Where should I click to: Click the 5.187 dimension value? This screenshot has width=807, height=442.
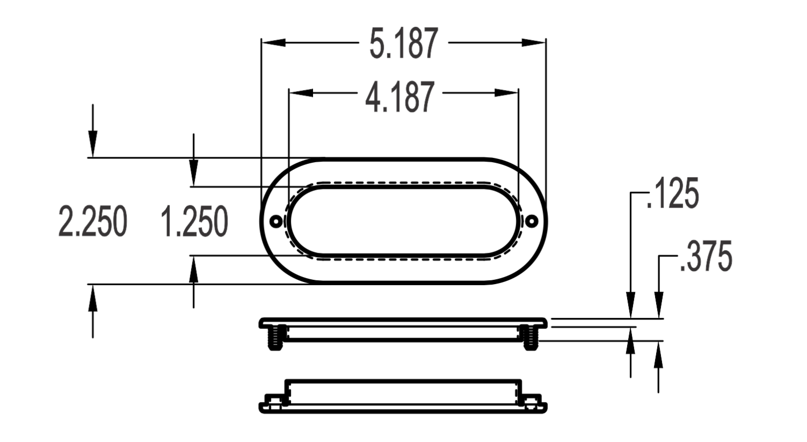tap(404, 43)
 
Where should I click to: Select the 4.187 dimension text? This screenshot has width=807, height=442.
tap(400, 97)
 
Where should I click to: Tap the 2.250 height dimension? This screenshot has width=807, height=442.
tap(93, 221)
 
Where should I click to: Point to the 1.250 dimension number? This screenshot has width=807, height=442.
tap(194, 221)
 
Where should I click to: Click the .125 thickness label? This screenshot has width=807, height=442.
tap(673, 193)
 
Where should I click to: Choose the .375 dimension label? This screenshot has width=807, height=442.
tap(706, 257)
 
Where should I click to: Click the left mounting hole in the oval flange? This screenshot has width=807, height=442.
tap(276, 221)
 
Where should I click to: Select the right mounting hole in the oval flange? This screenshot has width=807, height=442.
tap(531, 221)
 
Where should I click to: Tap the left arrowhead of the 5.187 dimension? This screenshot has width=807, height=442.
tap(274, 43)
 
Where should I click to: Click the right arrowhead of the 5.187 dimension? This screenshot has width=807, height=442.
tap(534, 43)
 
